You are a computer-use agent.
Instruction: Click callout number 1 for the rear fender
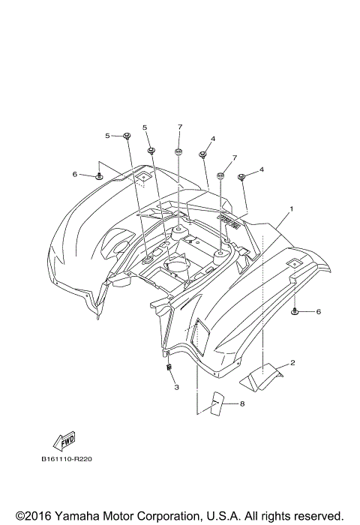click(292, 208)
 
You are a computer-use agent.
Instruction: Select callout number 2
click(292, 363)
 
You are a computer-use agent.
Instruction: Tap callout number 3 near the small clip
click(176, 387)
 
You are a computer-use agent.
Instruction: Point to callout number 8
click(242, 403)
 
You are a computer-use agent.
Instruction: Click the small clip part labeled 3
click(170, 367)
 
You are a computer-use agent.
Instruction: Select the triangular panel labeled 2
click(259, 378)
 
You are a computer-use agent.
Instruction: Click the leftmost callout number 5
click(107, 136)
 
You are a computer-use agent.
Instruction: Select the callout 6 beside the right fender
click(317, 311)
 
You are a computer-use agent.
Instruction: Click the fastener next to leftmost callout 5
click(127, 136)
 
